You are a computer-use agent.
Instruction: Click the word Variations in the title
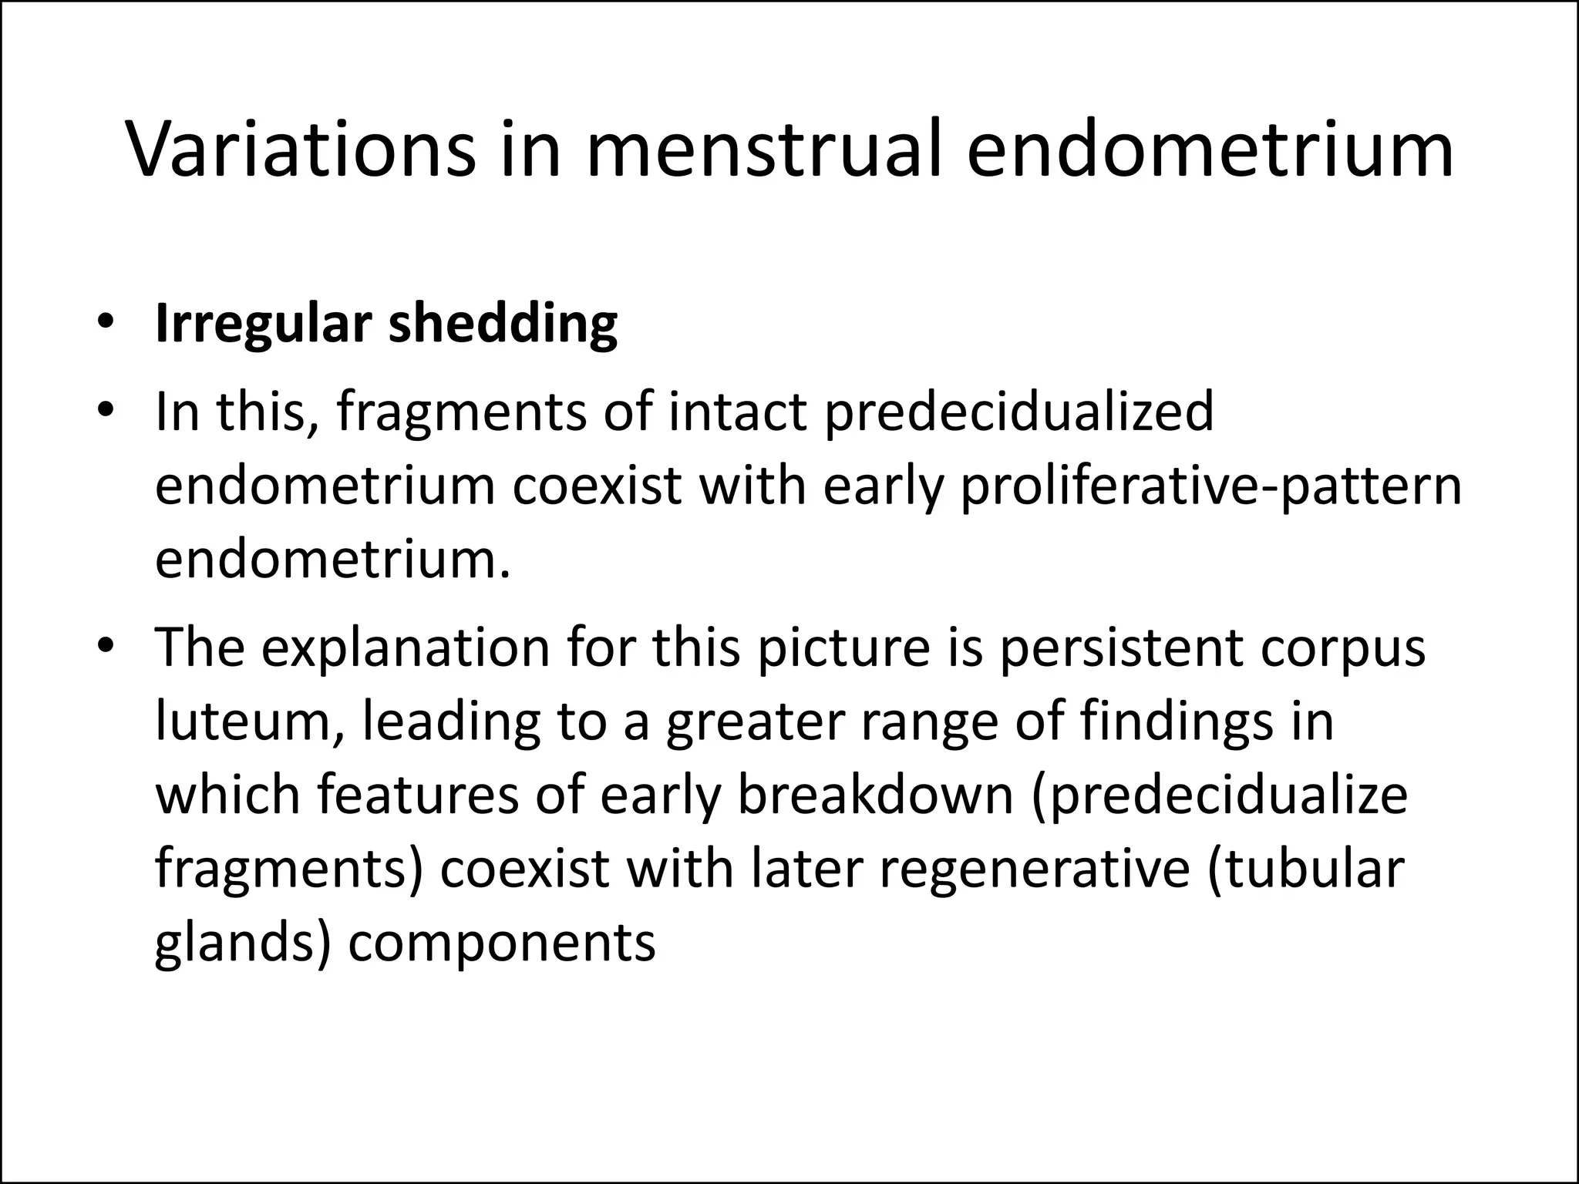(x=301, y=150)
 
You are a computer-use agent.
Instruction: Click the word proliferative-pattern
(x=1211, y=486)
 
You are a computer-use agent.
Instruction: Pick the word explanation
(x=405, y=647)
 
